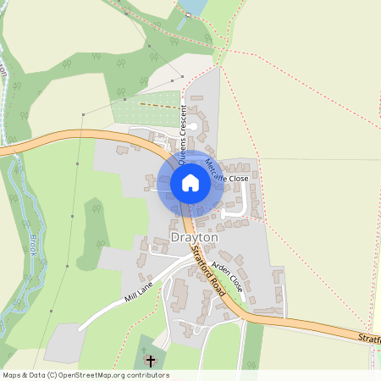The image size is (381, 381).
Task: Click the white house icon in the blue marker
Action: click(190, 183)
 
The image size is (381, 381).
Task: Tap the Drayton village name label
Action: click(195, 239)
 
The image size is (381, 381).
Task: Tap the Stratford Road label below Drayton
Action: click(205, 267)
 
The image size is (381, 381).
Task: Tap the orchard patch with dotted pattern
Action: click(144, 111)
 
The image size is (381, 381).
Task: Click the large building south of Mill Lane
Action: click(179, 295)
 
